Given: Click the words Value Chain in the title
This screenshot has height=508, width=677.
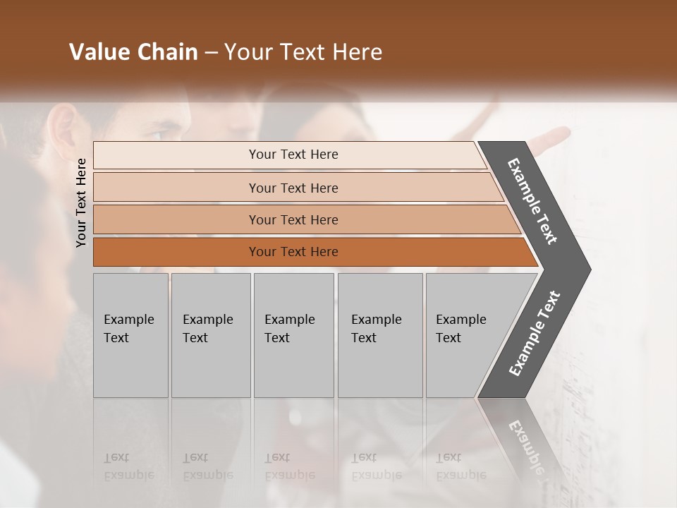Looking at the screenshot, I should click(x=133, y=52).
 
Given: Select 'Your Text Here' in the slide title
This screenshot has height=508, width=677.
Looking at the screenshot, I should click(x=303, y=52).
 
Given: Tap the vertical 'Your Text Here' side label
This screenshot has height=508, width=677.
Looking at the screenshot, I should click(x=81, y=202).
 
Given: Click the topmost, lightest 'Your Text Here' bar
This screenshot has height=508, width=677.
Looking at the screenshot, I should click(x=293, y=155).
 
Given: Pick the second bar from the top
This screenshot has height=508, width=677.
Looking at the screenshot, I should click(x=293, y=188).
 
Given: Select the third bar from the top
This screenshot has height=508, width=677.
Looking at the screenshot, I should click(x=293, y=219).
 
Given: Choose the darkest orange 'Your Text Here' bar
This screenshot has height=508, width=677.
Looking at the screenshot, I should click(x=293, y=252).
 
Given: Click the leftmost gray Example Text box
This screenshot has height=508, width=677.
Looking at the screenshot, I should click(x=130, y=335).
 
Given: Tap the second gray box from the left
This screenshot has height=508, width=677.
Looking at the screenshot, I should click(x=211, y=335).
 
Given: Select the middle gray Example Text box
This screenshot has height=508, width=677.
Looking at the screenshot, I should click(x=293, y=335).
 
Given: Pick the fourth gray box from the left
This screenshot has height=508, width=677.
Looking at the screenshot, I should click(x=380, y=335).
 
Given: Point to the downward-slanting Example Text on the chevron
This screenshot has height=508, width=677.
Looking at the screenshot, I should click(x=532, y=201).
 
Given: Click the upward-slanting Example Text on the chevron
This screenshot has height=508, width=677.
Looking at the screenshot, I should click(x=535, y=334).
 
